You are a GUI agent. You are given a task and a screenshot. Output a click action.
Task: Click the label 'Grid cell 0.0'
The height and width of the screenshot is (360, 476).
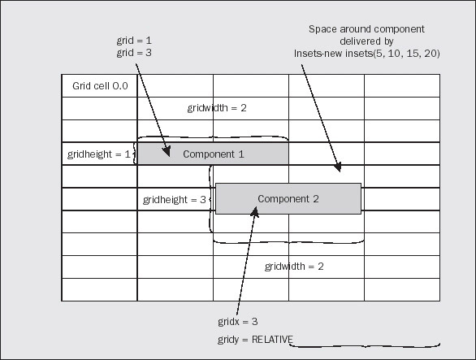(x=100, y=86)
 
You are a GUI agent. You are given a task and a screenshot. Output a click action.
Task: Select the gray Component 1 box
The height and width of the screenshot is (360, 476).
(x=213, y=154)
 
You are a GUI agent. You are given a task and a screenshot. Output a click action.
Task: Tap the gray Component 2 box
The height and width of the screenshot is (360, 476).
(x=288, y=198)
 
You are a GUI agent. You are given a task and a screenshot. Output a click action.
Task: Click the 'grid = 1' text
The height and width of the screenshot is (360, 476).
(x=134, y=41)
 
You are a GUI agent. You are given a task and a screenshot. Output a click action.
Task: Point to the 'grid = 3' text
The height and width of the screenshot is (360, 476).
(x=134, y=53)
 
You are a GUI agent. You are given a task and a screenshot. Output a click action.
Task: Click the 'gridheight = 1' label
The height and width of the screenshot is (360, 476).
(x=98, y=154)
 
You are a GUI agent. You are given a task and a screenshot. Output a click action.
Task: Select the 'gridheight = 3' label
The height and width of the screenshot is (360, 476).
(x=175, y=200)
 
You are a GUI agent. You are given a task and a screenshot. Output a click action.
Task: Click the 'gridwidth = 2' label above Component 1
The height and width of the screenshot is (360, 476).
(x=217, y=108)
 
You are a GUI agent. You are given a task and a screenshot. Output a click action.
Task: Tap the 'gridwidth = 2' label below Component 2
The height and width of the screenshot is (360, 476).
(x=294, y=267)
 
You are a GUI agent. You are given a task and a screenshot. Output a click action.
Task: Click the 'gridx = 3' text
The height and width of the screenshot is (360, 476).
(x=238, y=322)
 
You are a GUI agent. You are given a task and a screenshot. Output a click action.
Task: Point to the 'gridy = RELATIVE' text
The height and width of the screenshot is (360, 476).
(x=255, y=340)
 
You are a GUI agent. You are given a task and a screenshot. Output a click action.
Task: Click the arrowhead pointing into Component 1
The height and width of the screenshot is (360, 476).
(x=167, y=151)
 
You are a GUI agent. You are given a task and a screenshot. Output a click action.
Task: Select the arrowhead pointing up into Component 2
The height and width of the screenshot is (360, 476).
(x=255, y=211)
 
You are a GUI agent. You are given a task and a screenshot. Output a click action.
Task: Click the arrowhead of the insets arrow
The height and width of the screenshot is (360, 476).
(x=338, y=167)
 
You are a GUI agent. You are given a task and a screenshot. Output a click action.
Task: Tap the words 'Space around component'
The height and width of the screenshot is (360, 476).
(x=366, y=29)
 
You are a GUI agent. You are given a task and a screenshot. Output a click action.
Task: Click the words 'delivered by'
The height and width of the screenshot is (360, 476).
(x=366, y=41)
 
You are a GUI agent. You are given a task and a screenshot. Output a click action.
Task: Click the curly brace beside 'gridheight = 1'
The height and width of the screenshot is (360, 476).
(x=135, y=154)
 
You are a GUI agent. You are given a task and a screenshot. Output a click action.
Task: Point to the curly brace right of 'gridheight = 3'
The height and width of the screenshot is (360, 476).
(x=210, y=199)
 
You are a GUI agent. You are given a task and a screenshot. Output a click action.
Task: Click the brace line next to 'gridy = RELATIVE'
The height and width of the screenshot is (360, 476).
(x=364, y=345)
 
